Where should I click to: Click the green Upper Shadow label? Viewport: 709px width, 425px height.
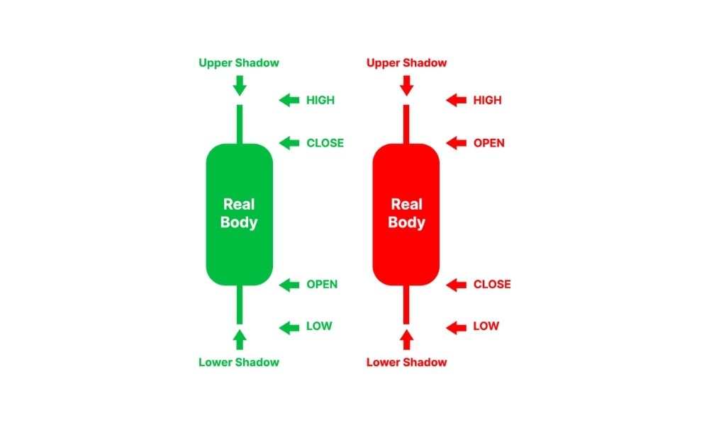click(x=239, y=63)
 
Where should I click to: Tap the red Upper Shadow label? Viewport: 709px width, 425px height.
click(x=406, y=63)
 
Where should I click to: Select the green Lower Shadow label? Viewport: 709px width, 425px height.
click(x=239, y=362)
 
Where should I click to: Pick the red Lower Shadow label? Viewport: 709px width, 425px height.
click(x=406, y=362)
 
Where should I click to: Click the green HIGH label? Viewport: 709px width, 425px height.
click(x=320, y=101)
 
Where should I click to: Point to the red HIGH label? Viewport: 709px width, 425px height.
click(x=488, y=101)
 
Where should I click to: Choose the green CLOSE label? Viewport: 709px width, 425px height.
click(x=325, y=143)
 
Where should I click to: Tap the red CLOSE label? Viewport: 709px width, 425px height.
click(x=492, y=285)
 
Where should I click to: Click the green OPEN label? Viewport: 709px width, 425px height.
click(x=322, y=285)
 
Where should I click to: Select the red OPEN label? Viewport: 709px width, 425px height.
click(x=489, y=143)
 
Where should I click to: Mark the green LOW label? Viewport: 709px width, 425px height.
click(x=319, y=326)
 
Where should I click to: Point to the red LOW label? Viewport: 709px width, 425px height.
click(x=486, y=326)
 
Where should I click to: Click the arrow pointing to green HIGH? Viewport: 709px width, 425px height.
click(x=289, y=101)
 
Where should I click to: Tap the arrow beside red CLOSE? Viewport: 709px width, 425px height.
click(x=456, y=285)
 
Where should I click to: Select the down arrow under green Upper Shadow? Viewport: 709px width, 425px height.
click(x=240, y=86)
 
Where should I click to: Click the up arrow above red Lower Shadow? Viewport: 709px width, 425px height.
click(x=406, y=339)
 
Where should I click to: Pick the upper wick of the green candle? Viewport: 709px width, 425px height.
click(x=240, y=125)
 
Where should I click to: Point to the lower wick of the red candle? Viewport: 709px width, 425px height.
click(x=406, y=305)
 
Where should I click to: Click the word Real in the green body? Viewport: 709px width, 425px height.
click(x=239, y=205)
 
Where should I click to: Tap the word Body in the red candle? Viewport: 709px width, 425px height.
click(x=406, y=222)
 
